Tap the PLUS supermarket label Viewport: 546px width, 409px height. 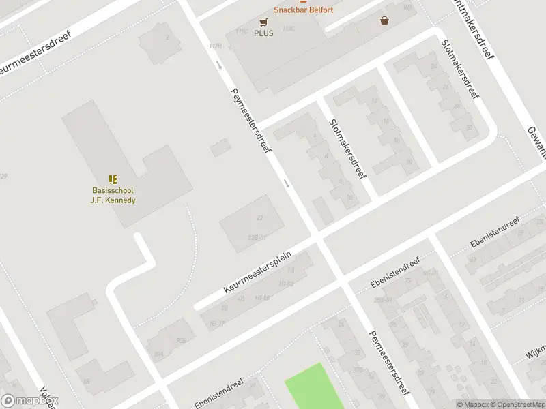(x=263, y=33)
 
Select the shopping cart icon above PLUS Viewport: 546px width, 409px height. (x=263, y=22)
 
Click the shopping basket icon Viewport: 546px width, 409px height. (x=386, y=20)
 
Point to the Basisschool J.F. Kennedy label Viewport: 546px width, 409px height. (x=113, y=195)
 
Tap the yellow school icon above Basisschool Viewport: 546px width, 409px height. (x=113, y=180)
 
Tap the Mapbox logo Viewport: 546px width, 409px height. (x=30, y=401)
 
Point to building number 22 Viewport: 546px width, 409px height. (x=259, y=218)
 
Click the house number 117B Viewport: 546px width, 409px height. (x=216, y=46)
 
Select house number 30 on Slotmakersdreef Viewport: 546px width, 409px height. (x=468, y=127)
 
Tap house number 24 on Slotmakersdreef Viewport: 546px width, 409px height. (x=434, y=67)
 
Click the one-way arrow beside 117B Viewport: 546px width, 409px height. (x=220, y=65)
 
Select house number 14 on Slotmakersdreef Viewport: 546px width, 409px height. (x=374, y=101)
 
